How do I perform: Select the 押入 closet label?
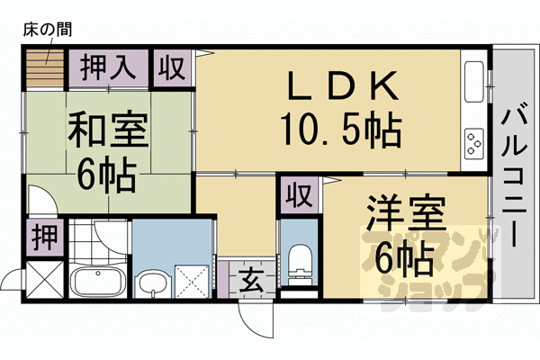[106, 67]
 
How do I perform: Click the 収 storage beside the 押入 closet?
[172, 67]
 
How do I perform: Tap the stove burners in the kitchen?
[473, 142]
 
